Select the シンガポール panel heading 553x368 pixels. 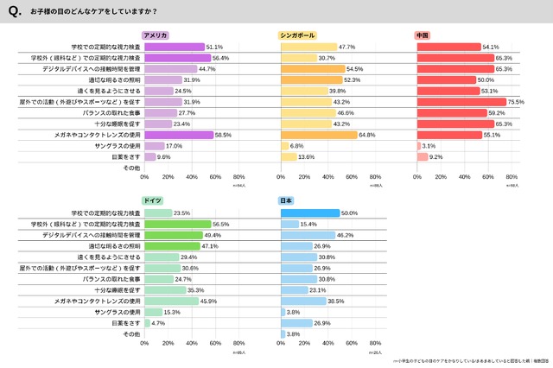pyautogui.click(x=298, y=35)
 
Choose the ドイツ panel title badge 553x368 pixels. pyautogui.click(x=154, y=201)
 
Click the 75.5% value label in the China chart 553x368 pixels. pyautogui.click(x=517, y=101)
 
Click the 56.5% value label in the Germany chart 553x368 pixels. pyautogui.click(x=220, y=224)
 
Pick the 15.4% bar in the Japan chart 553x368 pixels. pyautogui.click(x=290, y=224)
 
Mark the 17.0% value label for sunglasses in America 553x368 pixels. pyautogui.click(x=174, y=146)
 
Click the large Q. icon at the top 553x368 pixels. pyautogui.click(x=14, y=13)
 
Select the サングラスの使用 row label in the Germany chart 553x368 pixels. pyautogui.click(x=118, y=311)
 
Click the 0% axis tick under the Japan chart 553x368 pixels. pyautogui.click(x=282, y=344)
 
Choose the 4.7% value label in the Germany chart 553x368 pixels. pyautogui.click(x=158, y=322)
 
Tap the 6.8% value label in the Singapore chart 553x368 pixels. pyautogui.click(x=297, y=146)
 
